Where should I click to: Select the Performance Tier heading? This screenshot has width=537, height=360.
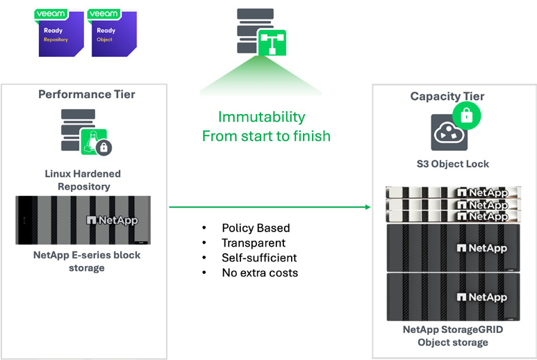87,94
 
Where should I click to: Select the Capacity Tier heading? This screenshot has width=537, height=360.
447,96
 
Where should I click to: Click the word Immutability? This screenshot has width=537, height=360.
261,117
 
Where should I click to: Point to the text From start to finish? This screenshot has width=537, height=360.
266,136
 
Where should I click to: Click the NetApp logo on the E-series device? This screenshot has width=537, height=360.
112,220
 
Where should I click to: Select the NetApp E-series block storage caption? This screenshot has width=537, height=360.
87,261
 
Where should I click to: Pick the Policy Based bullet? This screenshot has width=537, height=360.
256,228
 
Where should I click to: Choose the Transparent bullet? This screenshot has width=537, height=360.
254,243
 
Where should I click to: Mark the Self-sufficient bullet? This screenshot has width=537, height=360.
259,258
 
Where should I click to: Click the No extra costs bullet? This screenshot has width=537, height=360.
260,273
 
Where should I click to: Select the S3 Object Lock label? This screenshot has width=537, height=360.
448,164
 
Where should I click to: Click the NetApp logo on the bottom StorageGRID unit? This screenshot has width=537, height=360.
481,297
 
